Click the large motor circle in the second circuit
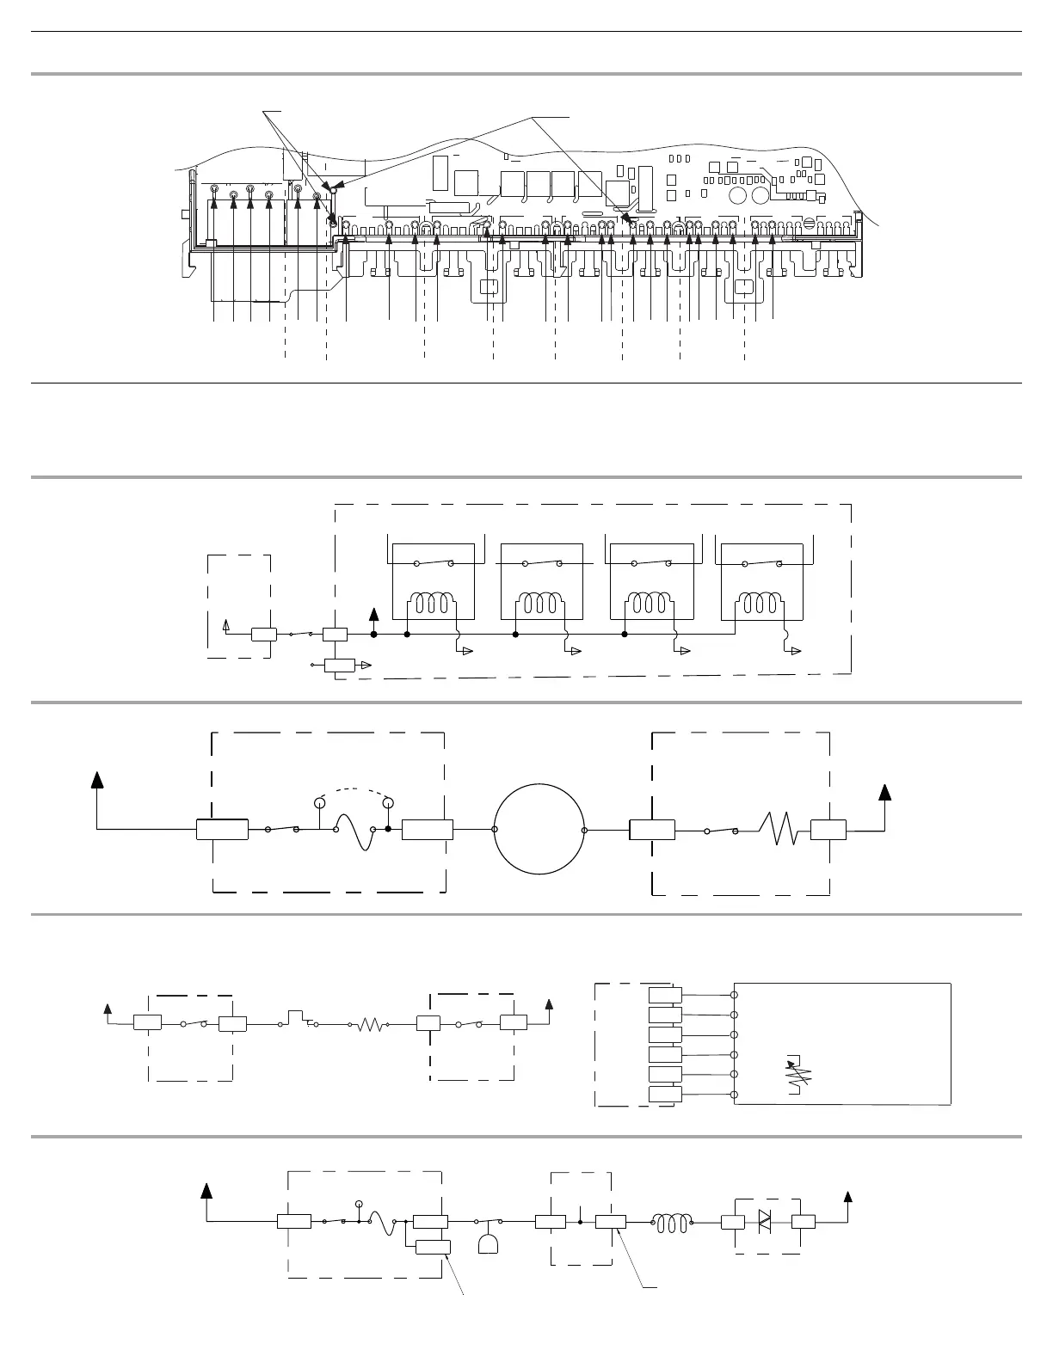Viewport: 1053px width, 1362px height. tap(539, 830)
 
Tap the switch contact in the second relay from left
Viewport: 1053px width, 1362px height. tap(542, 563)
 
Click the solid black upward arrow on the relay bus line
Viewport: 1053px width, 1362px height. tap(373, 614)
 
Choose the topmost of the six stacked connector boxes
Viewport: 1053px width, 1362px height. tap(665, 995)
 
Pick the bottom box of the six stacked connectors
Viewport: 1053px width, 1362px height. tap(665, 1094)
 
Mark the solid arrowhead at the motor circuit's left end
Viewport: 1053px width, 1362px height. tap(97, 779)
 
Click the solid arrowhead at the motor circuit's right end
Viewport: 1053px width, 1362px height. tap(884, 792)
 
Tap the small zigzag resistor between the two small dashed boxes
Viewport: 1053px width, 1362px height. tap(370, 1024)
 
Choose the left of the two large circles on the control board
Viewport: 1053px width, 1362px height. tap(737, 195)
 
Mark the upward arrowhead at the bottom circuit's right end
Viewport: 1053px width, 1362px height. tap(848, 1197)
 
